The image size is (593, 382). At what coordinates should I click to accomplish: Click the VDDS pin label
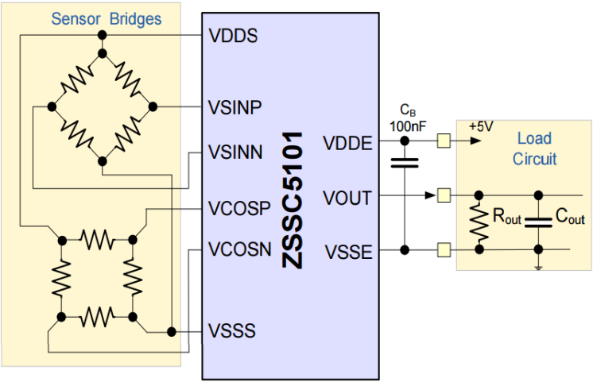pyautogui.click(x=232, y=36)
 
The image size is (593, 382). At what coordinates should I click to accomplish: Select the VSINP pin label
pyautogui.click(x=234, y=106)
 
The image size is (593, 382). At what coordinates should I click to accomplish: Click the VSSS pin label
pyautogui.click(x=232, y=330)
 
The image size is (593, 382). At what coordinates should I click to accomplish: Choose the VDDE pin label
pyautogui.click(x=347, y=143)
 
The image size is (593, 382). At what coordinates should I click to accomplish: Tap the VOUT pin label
pyautogui.click(x=347, y=196)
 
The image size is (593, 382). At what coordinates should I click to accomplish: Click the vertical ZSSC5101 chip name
pyautogui.click(x=292, y=199)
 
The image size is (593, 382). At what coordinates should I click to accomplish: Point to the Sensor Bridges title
pyautogui.click(x=106, y=19)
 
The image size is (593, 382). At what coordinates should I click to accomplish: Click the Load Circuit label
pyautogui.click(x=534, y=149)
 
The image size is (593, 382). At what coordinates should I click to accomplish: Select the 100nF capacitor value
pyautogui.click(x=405, y=125)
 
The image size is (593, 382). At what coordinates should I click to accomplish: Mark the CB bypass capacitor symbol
pyautogui.click(x=405, y=164)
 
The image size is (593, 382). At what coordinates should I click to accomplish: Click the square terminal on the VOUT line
pyautogui.click(x=444, y=195)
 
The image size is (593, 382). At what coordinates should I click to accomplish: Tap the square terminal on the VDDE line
pyautogui.click(x=444, y=141)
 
